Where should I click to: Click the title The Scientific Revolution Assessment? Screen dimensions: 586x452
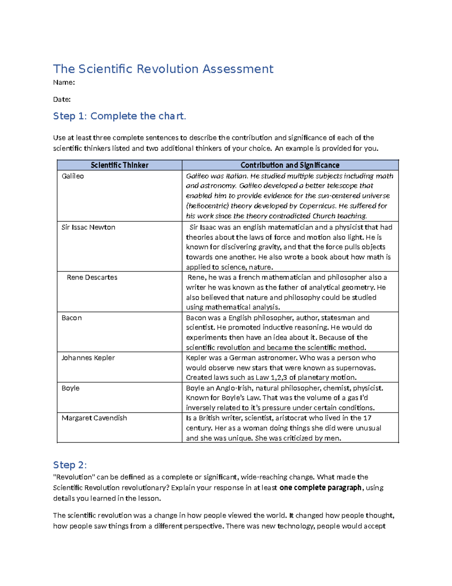coord(163,69)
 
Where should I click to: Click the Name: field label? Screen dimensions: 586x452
coord(64,83)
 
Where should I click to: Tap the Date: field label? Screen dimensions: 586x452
coord(62,100)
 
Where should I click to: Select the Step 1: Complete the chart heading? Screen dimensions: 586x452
coord(119,116)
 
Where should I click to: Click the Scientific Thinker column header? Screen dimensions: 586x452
coord(119,165)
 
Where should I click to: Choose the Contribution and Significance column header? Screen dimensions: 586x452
coord(290,165)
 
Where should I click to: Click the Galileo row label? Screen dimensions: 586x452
coord(73,176)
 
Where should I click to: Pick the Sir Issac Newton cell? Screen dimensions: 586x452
coord(89,228)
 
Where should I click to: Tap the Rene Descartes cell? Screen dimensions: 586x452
coord(92,277)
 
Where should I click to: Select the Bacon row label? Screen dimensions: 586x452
coord(72,318)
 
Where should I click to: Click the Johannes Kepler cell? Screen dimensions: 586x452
coord(88,358)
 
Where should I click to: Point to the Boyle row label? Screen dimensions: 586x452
coord(70,388)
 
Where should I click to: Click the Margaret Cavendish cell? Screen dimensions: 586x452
coord(94,418)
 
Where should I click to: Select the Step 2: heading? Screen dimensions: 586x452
coord(70,465)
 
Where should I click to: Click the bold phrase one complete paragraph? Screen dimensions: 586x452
coord(320,488)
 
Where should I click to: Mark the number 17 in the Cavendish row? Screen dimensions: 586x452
coord(367,418)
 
